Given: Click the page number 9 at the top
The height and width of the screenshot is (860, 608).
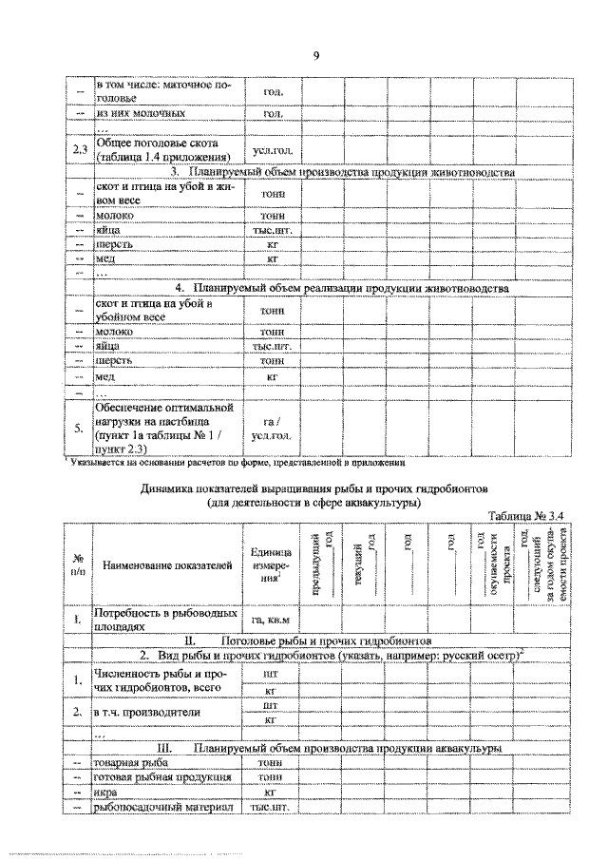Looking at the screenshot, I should pos(315,55).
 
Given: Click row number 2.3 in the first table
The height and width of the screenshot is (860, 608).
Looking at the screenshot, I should pos(80,150).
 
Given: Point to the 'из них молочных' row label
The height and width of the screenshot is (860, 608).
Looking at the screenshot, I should pos(140,113).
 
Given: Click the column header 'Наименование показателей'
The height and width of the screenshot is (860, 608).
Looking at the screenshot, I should pos(166,566).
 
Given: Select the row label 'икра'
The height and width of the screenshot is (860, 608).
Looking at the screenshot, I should pos(106,792).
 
